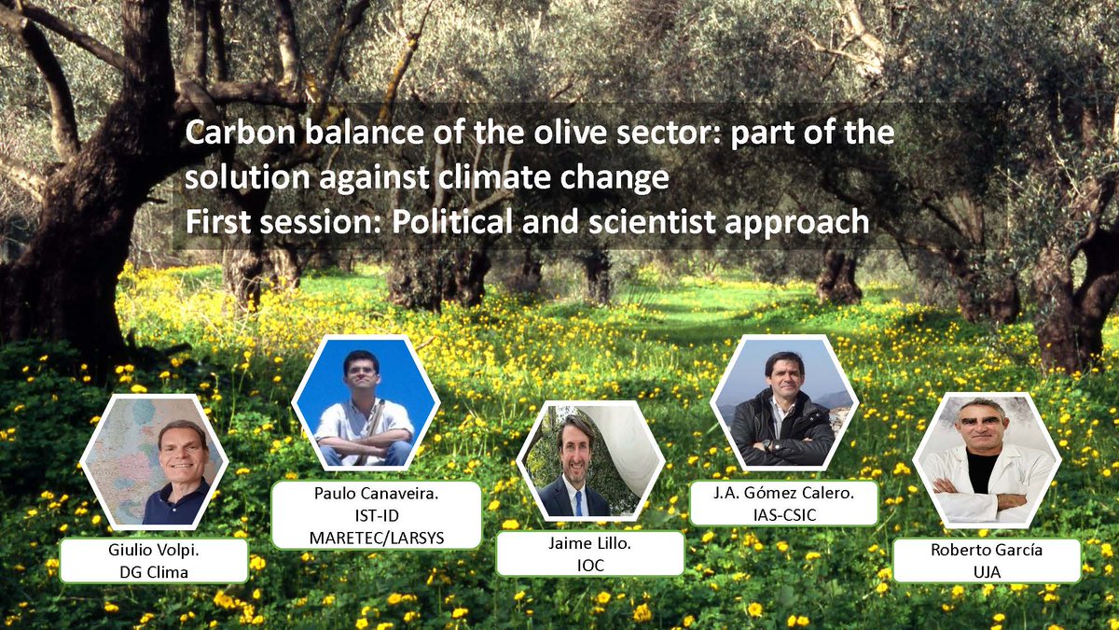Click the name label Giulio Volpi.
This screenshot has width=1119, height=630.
click(x=153, y=551)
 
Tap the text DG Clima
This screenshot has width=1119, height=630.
click(x=153, y=571)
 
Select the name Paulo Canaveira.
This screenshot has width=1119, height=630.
click(x=376, y=494)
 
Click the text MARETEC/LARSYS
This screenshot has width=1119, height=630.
click(x=376, y=535)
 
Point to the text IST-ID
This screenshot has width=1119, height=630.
click(x=376, y=514)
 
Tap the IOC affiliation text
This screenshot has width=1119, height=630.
click(x=589, y=564)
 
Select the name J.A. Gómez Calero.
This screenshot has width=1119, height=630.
click(x=783, y=493)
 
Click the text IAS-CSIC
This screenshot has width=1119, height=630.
click(x=783, y=513)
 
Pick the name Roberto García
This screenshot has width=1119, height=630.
click(x=987, y=550)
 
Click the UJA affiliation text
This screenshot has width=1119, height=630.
click(x=987, y=570)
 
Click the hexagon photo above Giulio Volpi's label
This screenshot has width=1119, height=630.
click(x=155, y=462)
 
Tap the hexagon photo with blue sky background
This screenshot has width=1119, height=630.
click(x=365, y=402)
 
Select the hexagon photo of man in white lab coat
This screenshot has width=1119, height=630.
click(x=987, y=460)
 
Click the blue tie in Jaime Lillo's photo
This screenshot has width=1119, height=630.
click(x=578, y=502)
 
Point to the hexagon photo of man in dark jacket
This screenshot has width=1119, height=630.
click(x=783, y=402)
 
